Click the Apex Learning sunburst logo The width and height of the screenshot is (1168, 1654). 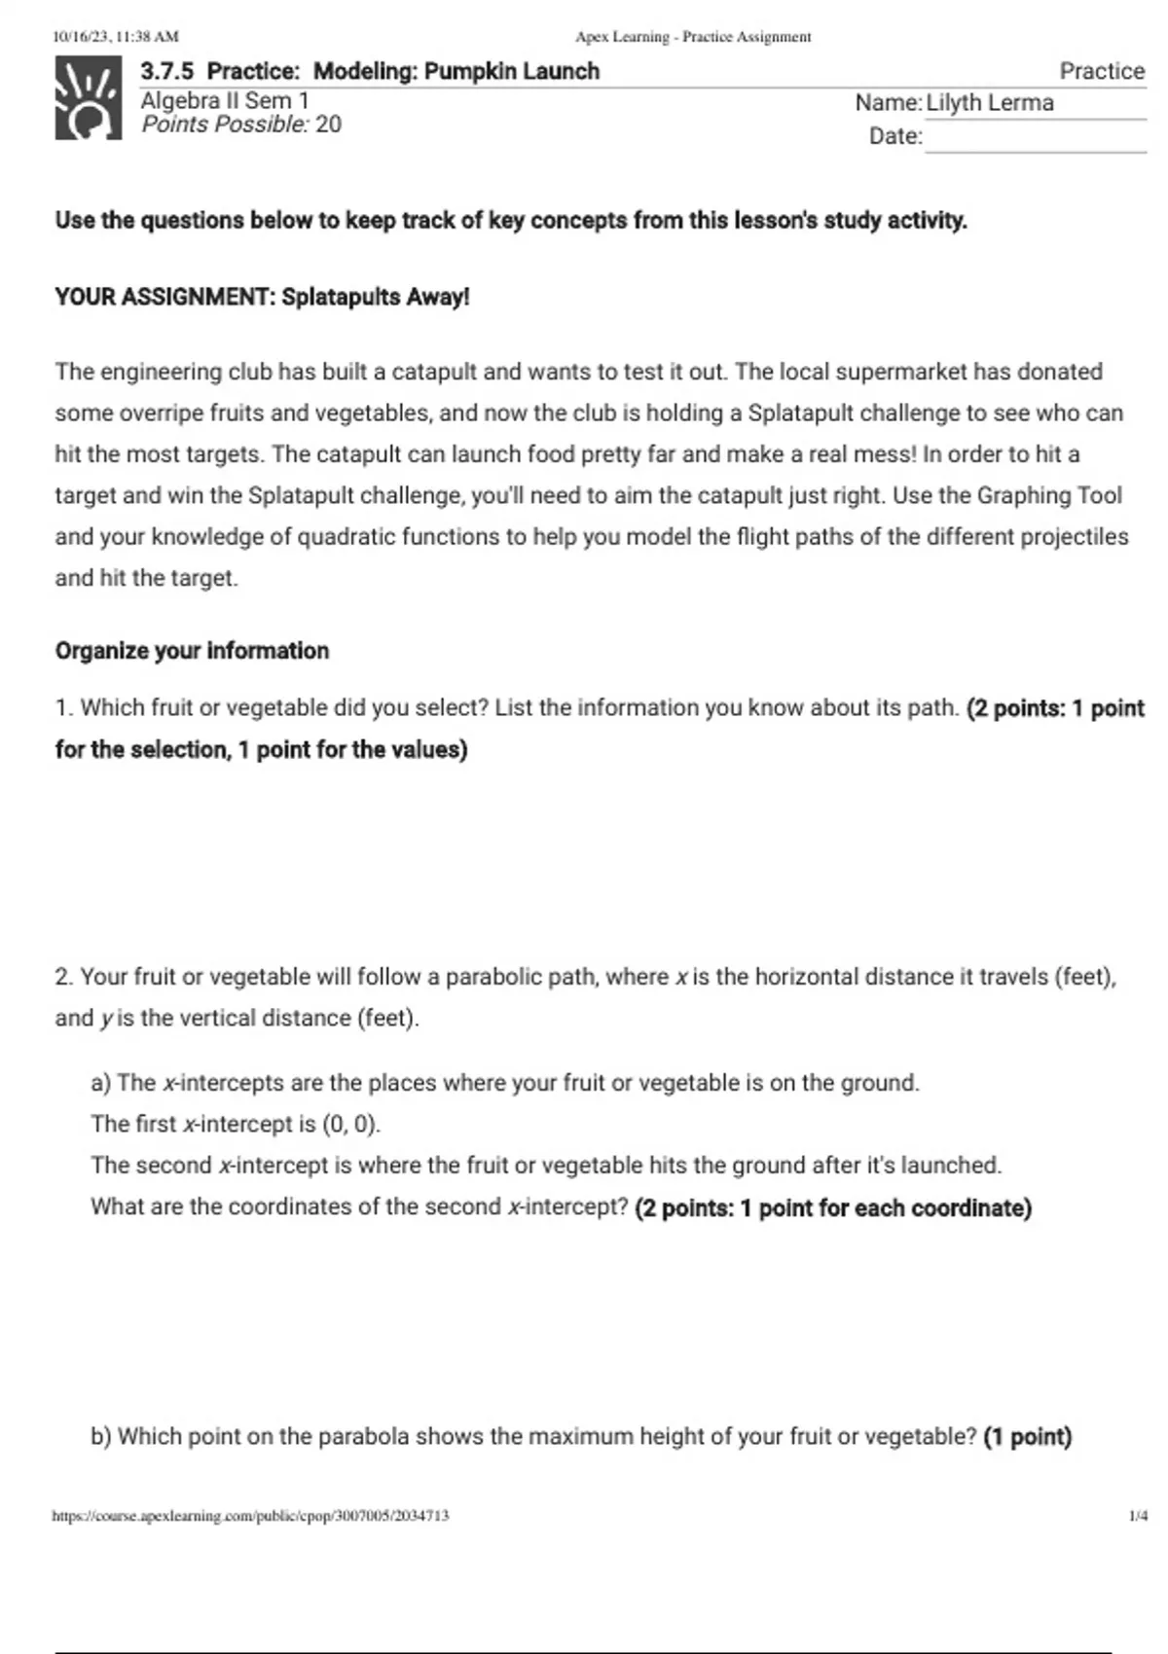tap(89, 98)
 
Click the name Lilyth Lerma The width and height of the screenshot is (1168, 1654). tap(989, 103)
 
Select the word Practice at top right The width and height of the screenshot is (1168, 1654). tap(1102, 71)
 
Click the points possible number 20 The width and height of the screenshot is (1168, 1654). tap(328, 125)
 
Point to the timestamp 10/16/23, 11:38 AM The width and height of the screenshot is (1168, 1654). tap(116, 37)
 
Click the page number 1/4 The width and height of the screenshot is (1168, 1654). tap(1137, 1516)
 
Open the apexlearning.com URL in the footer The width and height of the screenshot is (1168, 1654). tap(251, 1516)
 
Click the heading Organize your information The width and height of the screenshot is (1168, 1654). tap(192, 651)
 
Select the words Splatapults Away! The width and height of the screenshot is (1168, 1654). tap(375, 298)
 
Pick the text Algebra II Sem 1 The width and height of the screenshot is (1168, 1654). tap(225, 100)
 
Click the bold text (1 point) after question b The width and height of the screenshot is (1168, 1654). tap(1027, 1437)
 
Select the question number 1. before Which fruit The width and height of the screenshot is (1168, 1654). tap(64, 708)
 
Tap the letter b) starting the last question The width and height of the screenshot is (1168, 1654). tap(101, 1437)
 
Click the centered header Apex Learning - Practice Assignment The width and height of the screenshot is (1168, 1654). tap(693, 37)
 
